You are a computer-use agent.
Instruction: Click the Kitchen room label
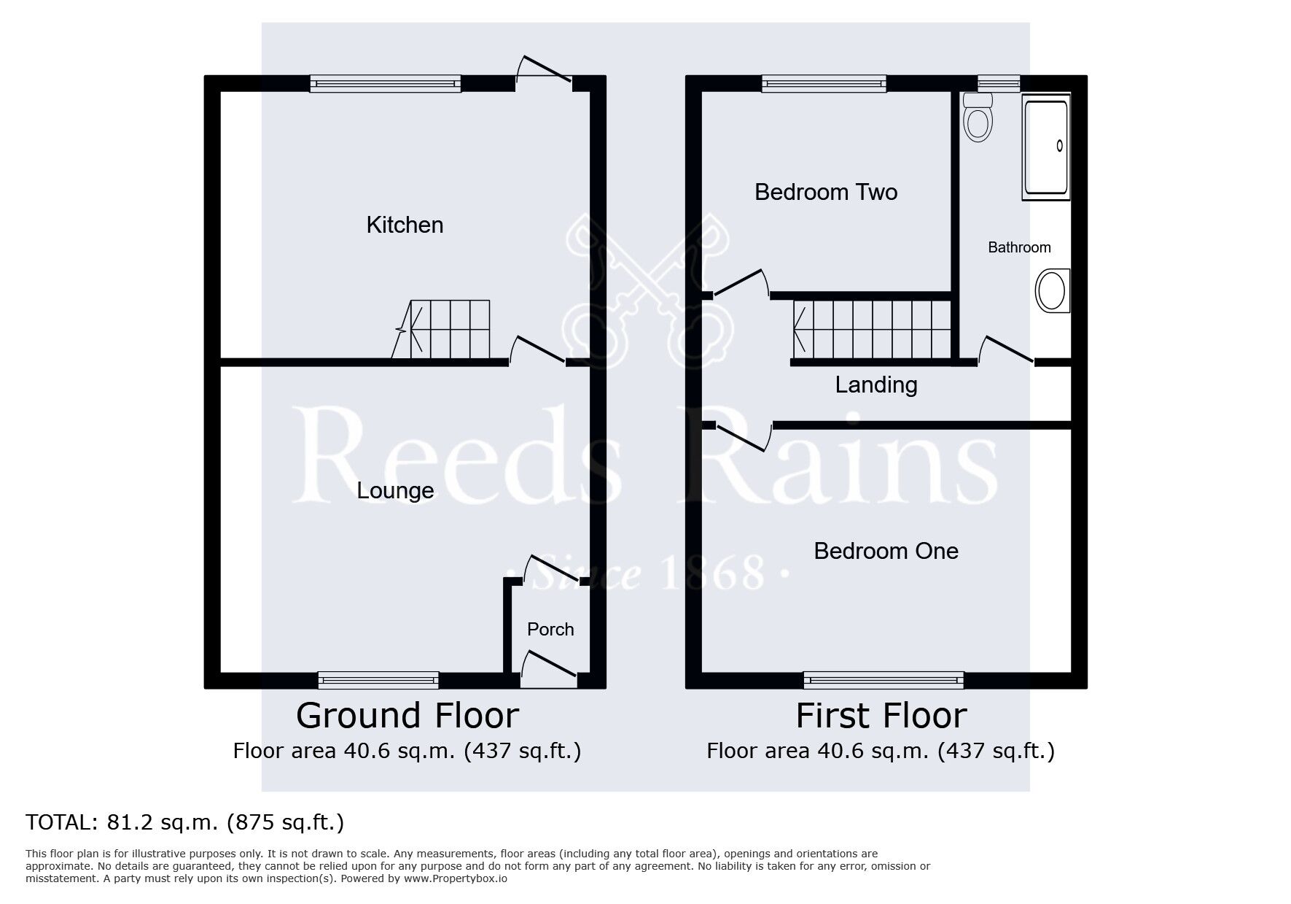(405, 225)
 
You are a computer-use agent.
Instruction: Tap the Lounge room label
(395, 491)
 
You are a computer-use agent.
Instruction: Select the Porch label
(550, 629)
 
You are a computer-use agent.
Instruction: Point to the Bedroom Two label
(826, 192)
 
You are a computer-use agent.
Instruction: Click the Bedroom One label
(886, 551)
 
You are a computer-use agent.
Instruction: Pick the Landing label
(876, 385)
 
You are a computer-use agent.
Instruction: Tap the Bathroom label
(1019, 247)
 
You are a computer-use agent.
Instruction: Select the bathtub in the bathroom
(1046, 146)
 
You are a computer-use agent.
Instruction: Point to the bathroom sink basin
(1053, 290)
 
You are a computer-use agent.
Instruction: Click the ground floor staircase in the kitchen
(441, 329)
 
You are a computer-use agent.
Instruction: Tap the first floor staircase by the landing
(872, 331)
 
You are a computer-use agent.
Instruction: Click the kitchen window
(386, 83)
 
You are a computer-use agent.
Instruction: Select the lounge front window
(379, 681)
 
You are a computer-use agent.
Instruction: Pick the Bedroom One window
(884, 681)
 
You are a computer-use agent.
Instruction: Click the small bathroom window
(999, 83)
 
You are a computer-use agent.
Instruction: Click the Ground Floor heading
(407, 716)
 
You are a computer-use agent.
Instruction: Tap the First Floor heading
(881, 716)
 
